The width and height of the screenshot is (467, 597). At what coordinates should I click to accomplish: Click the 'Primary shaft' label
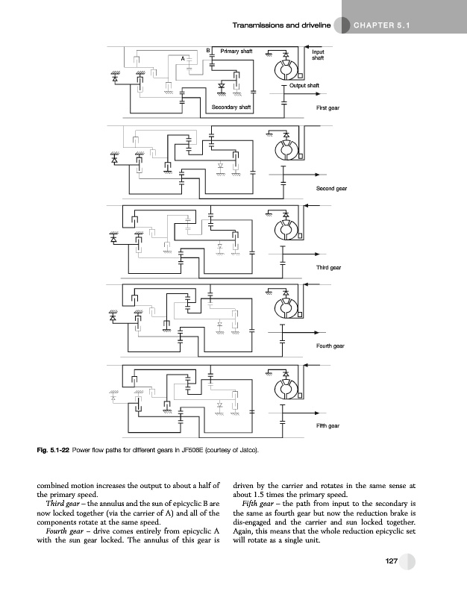point(236,51)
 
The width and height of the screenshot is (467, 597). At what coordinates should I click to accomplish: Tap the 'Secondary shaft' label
point(231,108)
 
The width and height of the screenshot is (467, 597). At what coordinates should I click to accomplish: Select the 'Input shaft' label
point(319,54)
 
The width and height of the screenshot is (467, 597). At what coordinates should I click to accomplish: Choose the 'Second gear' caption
point(331,189)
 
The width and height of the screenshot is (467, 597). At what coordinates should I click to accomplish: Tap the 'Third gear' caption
point(328,266)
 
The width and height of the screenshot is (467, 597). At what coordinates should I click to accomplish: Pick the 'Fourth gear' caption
point(330,346)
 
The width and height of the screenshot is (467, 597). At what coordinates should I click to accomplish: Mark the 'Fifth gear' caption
point(327,425)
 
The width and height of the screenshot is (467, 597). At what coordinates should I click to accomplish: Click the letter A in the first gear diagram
point(183,58)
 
